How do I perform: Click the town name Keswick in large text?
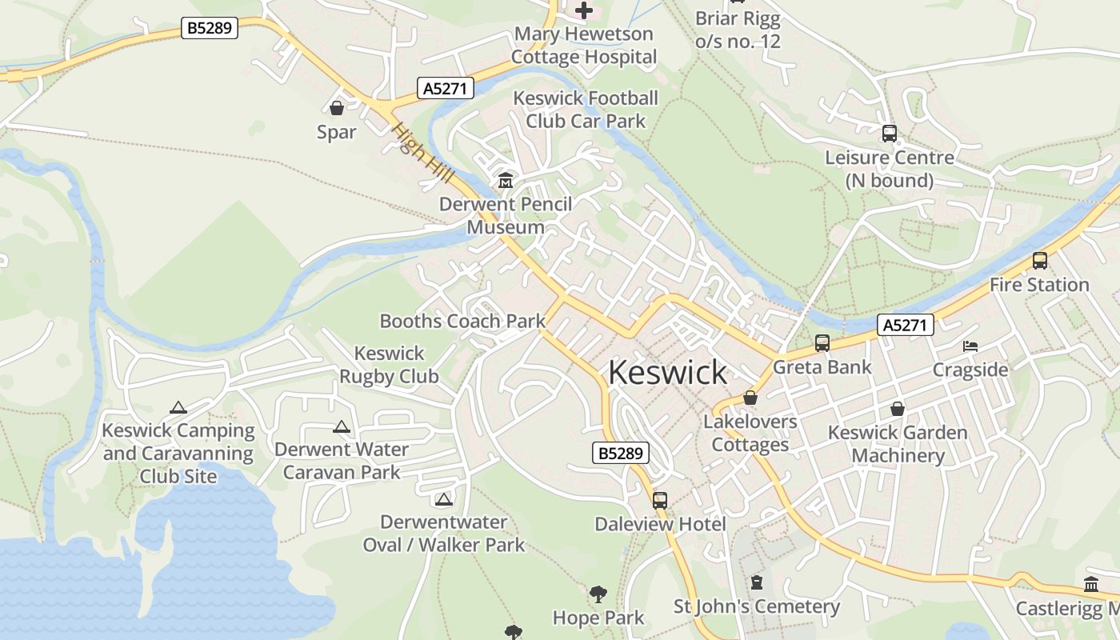pyautogui.click(x=667, y=373)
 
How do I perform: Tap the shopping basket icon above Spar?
pyautogui.click(x=337, y=108)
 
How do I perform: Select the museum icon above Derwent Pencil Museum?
pyautogui.click(x=506, y=181)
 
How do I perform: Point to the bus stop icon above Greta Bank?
pyautogui.click(x=822, y=343)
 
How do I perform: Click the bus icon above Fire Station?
pyautogui.click(x=1039, y=261)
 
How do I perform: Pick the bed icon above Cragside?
pyautogui.click(x=970, y=346)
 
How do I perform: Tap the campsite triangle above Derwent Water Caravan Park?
pyautogui.click(x=342, y=427)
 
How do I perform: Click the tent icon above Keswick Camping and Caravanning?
pyautogui.click(x=178, y=408)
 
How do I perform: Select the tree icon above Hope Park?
pyautogui.click(x=598, y=594)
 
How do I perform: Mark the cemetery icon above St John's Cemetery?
pyautogui.click(x=756, y=582)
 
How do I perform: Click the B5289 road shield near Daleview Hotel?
pyautogui.click(x=621, y=453)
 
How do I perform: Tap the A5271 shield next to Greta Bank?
pyautogui.click(x=906, y=325)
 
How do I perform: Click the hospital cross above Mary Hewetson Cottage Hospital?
pyautogui.click(x=585, y=10)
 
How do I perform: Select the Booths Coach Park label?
pyautogui.click(x=462, y=322)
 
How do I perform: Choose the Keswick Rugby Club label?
pyautogui.click(x=389, y=365)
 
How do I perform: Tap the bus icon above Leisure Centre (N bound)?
pyautogui.click(x=889, y=134)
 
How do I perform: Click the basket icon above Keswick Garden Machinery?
pyautogui.click(x=898, y=409)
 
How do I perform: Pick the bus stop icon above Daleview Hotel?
pyautogui.click(x=659, y=501)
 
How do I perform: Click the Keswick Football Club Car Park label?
pyautogui.click(x=586, y=110)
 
